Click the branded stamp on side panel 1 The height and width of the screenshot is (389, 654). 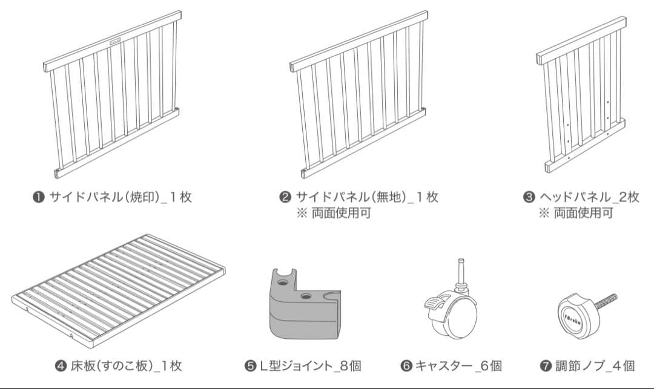116,41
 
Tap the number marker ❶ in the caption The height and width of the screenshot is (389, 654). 38,197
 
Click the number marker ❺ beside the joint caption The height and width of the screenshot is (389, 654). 251,365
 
